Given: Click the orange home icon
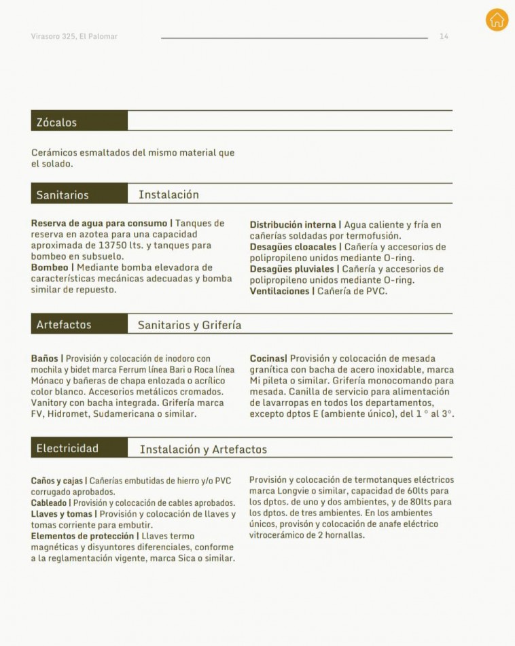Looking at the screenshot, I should click(497, 20).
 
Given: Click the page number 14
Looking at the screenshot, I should click(444, 36).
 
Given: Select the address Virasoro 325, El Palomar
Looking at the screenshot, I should click(74, 36).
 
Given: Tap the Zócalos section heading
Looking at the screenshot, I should click(56, 122).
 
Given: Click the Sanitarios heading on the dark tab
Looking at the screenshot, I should click(63, 195).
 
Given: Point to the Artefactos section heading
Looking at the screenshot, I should click(64, 324).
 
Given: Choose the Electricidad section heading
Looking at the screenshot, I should click(67, 448).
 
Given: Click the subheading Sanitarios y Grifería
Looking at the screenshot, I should click(190, 325).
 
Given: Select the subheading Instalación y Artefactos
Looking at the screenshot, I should click(203, 449).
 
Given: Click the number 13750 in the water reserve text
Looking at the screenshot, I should click(112, 245).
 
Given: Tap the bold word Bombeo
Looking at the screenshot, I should click(50, 267).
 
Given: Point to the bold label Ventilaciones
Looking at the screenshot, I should click(279, 291).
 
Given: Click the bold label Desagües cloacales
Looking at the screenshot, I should click(293, 247).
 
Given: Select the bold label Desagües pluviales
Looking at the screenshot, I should click(291, 269).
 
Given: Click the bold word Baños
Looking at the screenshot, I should click(44, 358).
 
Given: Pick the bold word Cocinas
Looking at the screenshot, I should click(267, 358).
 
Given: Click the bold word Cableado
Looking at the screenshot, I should click(49, 503).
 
